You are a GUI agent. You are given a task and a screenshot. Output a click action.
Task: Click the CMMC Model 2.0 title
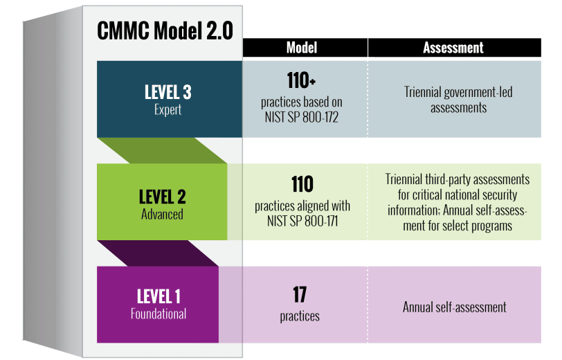[x=165, y=30]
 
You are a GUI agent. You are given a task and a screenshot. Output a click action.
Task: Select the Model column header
[x=302, y=48]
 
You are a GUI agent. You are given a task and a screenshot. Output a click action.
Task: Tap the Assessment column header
[x=453, y=48]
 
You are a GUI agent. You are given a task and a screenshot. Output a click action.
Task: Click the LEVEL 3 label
[x=167, y=92]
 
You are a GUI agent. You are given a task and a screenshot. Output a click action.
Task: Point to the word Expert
[x=167, y=109]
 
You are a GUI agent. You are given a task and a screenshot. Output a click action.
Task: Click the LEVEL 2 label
[x=163, y=197]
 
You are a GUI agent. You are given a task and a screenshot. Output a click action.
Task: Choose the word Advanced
[x=162, y=214]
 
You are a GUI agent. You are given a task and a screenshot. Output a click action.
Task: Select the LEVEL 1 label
[x=158, y=296]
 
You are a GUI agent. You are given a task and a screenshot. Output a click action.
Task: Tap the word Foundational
[x=158, y=314]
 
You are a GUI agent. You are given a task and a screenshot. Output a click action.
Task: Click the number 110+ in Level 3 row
[x=301, y=80]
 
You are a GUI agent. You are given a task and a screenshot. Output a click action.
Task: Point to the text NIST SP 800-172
[x=302, y=117]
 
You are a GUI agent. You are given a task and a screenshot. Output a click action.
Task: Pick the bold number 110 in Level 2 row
[x=302, y=184]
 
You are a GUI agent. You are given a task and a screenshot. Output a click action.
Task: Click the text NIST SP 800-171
[x=302, y=221]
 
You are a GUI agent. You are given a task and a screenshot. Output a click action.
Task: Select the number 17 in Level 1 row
[x=300, y=295]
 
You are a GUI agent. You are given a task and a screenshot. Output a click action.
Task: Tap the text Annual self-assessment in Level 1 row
[x=455, y=307]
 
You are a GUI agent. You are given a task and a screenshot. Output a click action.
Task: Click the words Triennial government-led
[x=458, y=92]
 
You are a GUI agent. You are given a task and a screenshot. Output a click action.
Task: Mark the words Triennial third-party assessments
[x=457, y=179]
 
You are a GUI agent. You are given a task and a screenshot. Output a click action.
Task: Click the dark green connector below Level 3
[x=162, y=151]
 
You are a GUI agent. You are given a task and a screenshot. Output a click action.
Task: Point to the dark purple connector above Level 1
[x=158, y=253]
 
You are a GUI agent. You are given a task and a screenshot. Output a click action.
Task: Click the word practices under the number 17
[x=300, y=316]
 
